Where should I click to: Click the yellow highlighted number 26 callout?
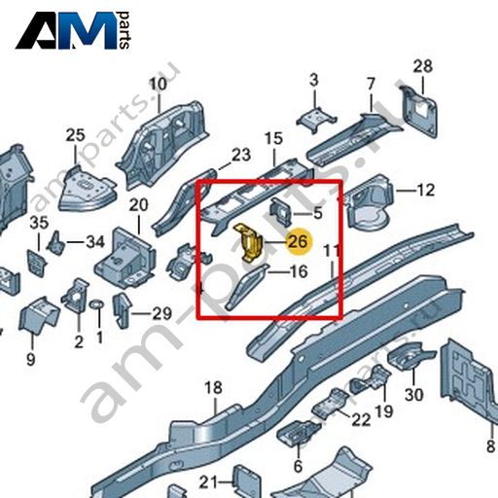coord(298,242)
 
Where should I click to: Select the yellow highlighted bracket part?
coord(248,242)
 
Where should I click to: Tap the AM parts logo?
coord(73,30)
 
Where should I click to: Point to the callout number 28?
coord(423,66)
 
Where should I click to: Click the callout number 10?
coord(159,84)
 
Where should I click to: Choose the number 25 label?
coord(76,135)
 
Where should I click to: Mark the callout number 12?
coord(425,190)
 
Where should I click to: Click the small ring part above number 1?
coord(96,304)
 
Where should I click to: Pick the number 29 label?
coord(161,313)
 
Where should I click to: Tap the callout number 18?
coord(214,387)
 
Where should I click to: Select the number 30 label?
coord(414,395)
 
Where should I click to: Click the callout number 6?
coord(298,467)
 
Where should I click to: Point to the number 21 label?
coord(208,482)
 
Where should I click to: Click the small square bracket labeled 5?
coord(280,211)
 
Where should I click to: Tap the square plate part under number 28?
coord(419,111)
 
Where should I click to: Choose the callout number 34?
coord(95,242)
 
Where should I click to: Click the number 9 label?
coord(30,359)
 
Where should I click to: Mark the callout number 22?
coord(361,420)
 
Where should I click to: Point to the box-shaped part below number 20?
coord(124,259)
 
